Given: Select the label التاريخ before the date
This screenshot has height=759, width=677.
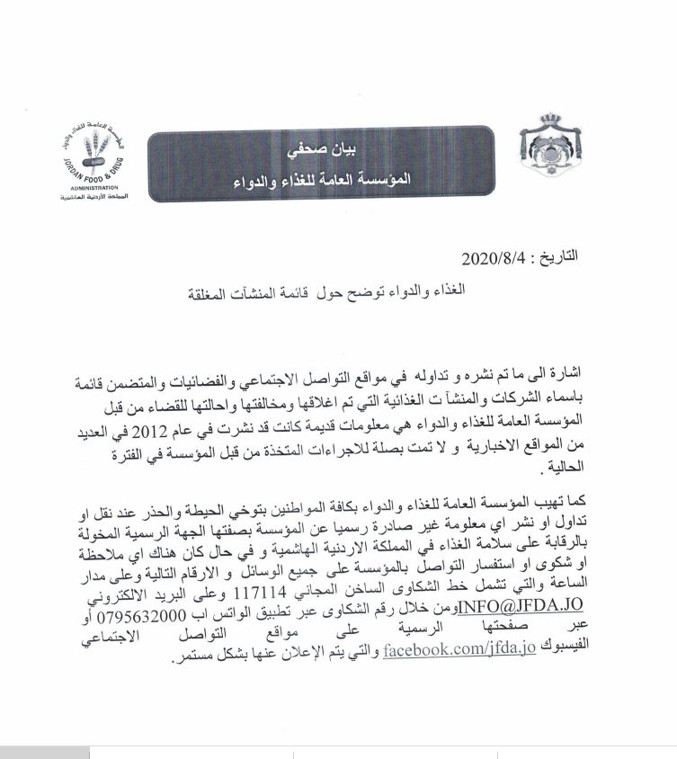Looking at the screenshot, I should point(556,257).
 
